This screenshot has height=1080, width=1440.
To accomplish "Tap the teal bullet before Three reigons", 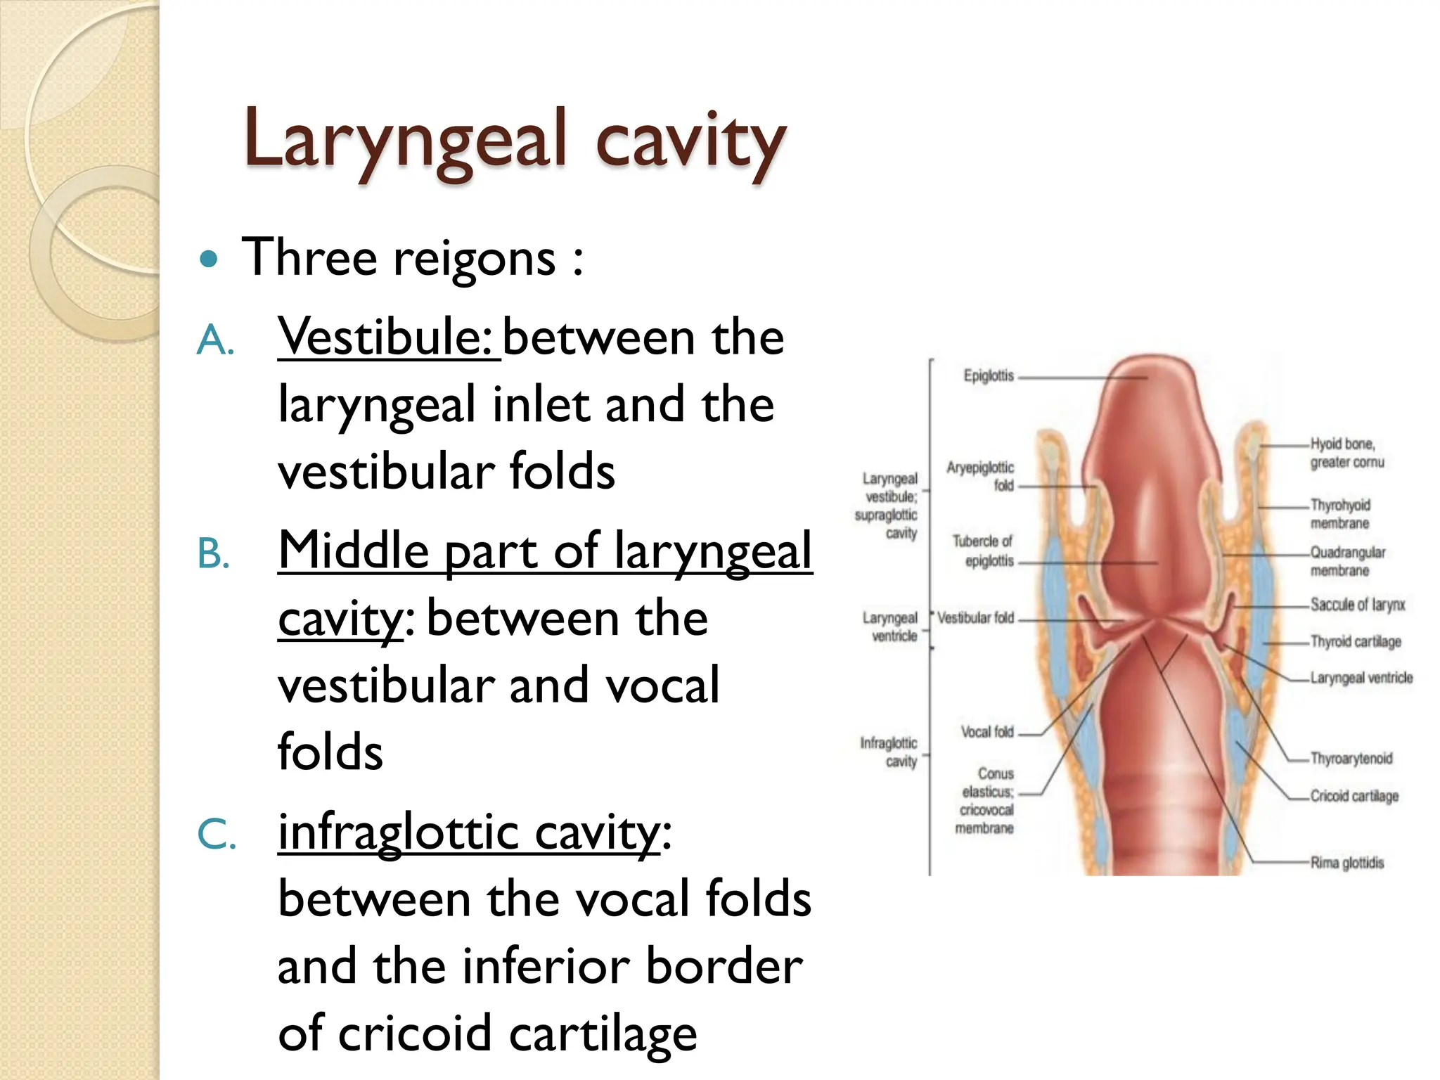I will click(x=209, y=259).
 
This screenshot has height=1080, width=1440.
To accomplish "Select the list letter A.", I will click(x=214, y=342).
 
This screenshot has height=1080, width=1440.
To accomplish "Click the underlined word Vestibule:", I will click(x=388, y=337).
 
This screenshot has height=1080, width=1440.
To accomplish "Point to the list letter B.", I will click(x=213, y=554).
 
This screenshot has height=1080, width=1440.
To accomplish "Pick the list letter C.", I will click(x=216, y=836).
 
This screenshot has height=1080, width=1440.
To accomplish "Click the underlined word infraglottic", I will click(x=398, y=832).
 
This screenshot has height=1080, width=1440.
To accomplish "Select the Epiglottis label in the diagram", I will click(x=989, y=376).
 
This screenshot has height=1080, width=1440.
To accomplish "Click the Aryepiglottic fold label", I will click(x=981, y=476).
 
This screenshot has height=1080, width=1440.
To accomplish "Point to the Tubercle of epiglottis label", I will click(x=983, y=551).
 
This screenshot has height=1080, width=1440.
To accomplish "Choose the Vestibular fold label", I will click(x=976, y=618).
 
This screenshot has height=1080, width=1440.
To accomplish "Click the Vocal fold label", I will click(x=987, y=732).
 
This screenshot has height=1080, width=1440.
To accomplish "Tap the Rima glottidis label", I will click(x=1346, y=863).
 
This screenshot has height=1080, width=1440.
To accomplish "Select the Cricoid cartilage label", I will click(x=1354, y=796).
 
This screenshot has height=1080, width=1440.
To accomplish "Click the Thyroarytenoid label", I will click(x=1351, y=759).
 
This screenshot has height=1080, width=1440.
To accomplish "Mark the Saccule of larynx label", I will click(x=1357, y=605).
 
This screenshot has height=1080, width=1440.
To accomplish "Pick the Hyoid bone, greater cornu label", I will click(x=1346, y=453).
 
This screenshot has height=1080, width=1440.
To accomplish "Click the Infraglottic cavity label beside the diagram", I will click(x=889, y=752).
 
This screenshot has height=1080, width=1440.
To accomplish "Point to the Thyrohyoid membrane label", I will click(x=1340, y=514).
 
